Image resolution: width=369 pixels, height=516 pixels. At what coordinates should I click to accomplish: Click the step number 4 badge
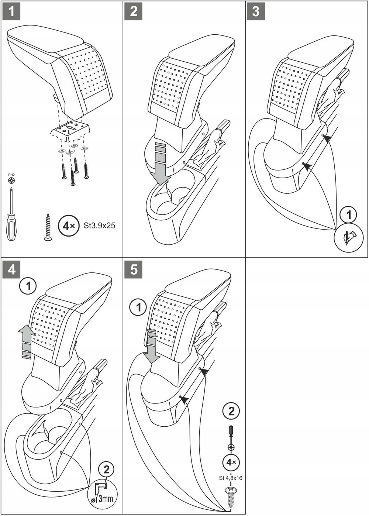11,269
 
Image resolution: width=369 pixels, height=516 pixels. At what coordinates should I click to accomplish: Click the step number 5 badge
134,269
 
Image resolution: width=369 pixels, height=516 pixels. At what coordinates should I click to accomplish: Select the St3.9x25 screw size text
99,226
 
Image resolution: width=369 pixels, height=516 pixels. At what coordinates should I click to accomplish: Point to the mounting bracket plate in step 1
70,130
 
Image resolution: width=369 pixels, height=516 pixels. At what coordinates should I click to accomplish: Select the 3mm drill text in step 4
106,499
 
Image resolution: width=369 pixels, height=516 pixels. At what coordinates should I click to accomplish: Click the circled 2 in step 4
106,470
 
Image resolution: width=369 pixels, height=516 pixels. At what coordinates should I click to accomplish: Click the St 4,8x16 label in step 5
231,478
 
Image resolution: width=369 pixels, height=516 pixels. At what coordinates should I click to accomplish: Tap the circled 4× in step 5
231,462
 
